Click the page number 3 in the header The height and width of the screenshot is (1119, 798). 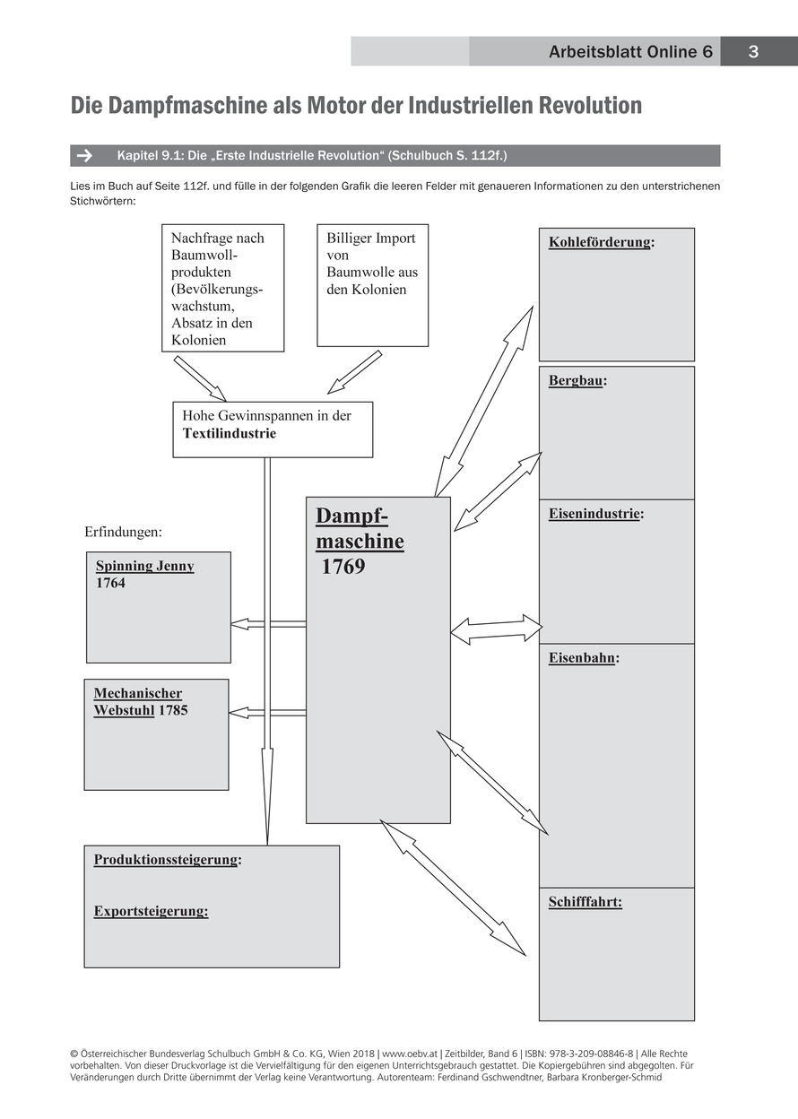pyautogui.click(x=753, y=52)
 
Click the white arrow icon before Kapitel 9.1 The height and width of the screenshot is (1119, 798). pyautogui.click(x=85, y=156)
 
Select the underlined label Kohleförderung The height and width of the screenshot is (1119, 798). pyautogui.click(x=599, y=242)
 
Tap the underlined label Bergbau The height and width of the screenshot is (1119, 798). pyautogui.click(x=575, y=380)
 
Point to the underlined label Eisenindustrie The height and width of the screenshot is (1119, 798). pyautogui.click(x=594, y=514)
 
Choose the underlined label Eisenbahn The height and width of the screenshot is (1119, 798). pyautogui.click(x=581, y=657)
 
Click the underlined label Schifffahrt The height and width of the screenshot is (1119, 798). pyautogui.click(x=585, y=902)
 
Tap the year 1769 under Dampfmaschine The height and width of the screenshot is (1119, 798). pyautogui.click(x=343, y=567)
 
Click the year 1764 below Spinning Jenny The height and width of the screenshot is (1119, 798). pyautogui.click(x=111, y=583)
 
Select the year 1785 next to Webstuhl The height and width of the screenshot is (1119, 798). pyautogui.click(x=173, y=710)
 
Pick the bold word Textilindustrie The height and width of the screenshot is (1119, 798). pyautogui.click(x=230, y=433)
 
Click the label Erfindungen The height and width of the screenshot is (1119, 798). pyautogui.click(x=123, y=532)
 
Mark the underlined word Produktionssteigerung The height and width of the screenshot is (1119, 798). pyautogui.click(x=166, y=859)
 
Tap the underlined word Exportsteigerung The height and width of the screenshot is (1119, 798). pyautogui.click(x=150, y=911)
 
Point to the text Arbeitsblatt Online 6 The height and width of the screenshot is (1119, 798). pyautogui.click(x=631, y=52)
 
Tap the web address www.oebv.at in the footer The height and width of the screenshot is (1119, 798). pyautogui.click(x=412, y=1054)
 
